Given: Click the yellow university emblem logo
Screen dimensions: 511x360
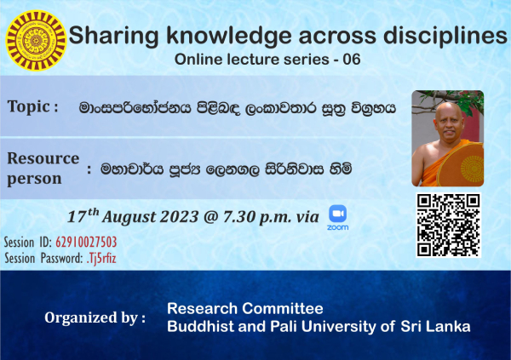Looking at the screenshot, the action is (36, 41).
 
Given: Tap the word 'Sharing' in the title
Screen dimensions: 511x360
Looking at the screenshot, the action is (114, 36).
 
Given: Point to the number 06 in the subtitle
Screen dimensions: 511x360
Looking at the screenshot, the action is (351, 60).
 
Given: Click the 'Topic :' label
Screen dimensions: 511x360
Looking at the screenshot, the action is (33, 106).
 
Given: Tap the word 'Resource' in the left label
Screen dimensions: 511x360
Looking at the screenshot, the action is (43, 158).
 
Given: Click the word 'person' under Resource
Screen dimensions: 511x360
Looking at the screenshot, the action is (34, 180).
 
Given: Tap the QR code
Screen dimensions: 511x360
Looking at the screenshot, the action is (449, 226).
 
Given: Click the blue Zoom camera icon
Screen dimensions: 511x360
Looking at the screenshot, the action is (337, 214).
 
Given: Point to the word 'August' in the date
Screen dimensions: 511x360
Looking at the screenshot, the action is (129, 217).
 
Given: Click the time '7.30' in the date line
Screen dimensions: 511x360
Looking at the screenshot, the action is (238, 217).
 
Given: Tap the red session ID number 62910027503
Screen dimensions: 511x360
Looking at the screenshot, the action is (86, 242).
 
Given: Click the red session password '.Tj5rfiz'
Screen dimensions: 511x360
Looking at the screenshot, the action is (101, 259).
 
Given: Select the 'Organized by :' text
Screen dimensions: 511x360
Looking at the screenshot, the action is (95, 318).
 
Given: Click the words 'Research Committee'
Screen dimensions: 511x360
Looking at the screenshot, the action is (245, 309).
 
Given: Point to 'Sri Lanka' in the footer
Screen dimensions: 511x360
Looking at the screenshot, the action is (435, 327).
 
